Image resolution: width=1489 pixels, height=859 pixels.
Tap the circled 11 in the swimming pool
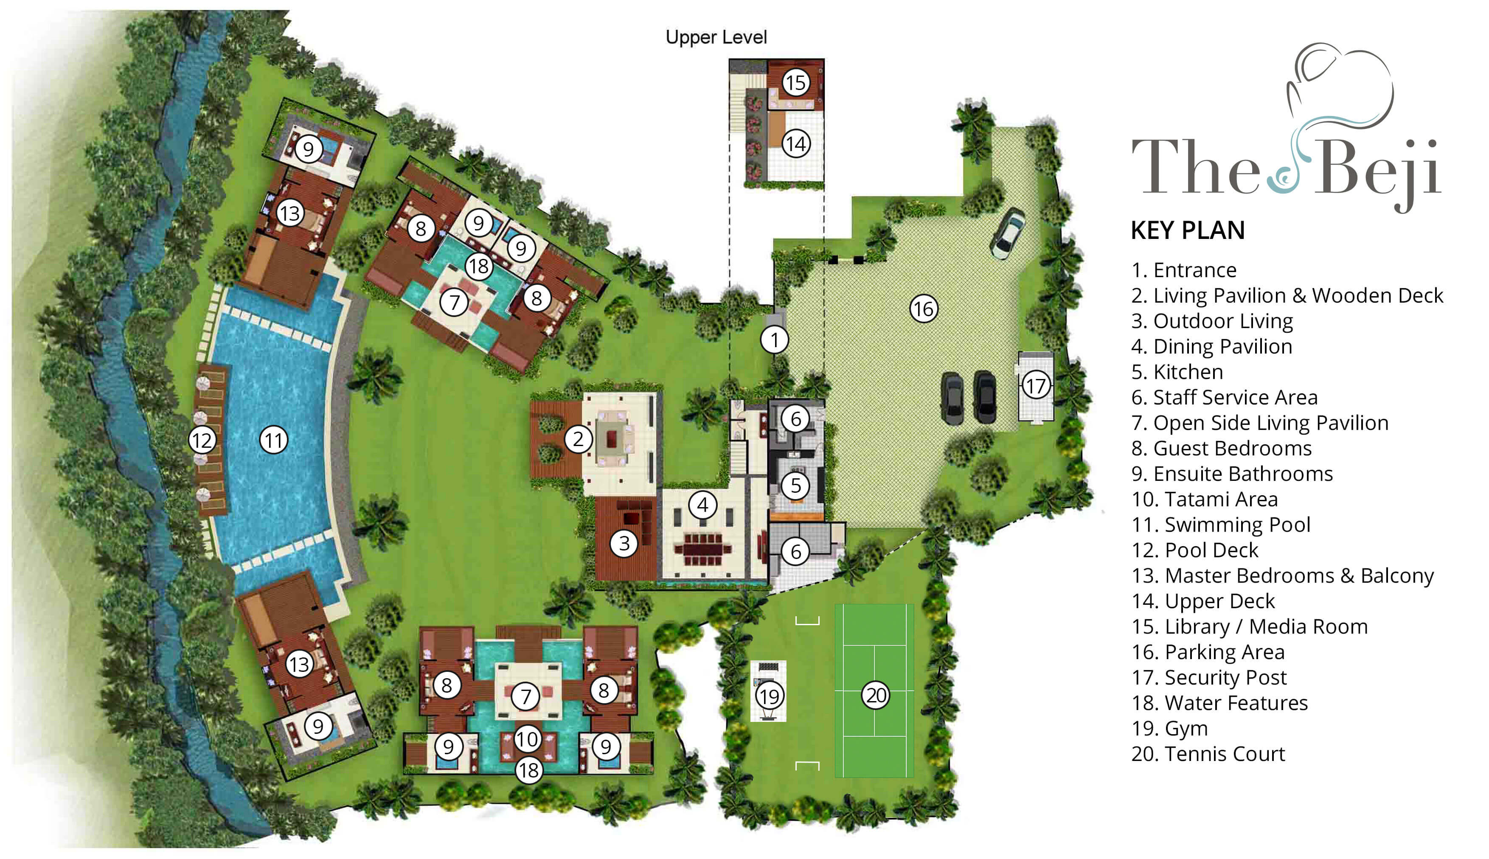pyautogui.click(x=274, y=440)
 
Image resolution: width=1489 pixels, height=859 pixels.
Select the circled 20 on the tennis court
pyautogui.click(x=876, y=695)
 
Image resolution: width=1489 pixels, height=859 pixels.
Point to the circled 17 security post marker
pyautogui.click(x=1035, y=386)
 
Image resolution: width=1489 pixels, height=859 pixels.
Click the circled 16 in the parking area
pyautogui.click(x=923, y=309)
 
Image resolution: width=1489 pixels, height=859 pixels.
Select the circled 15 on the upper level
pyautogui.click(x=795, y=83)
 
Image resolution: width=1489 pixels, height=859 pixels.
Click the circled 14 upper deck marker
pyautogui.click(x=795, y=143)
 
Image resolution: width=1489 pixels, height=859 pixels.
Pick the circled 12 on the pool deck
pyautogui.click(x=202, y=440)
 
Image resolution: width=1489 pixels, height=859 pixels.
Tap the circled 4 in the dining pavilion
pyautogui.click(x=702, y=505)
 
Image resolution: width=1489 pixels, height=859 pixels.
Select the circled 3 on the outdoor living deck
pyautogui.click(x=624, y=543)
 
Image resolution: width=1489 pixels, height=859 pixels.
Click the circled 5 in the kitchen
pyautogui.click(x=795, y=486)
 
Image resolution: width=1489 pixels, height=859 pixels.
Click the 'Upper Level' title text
pyautogui.click(x=716, y=37)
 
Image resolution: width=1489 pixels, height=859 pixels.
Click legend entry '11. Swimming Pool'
pyautogui.click(x=1220, y=525)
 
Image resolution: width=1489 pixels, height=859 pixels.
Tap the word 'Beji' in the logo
pyautogui.click(x=1380, y=168)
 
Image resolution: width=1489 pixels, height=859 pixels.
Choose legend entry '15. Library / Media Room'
pyautogui.click(x=1249, y=626)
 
